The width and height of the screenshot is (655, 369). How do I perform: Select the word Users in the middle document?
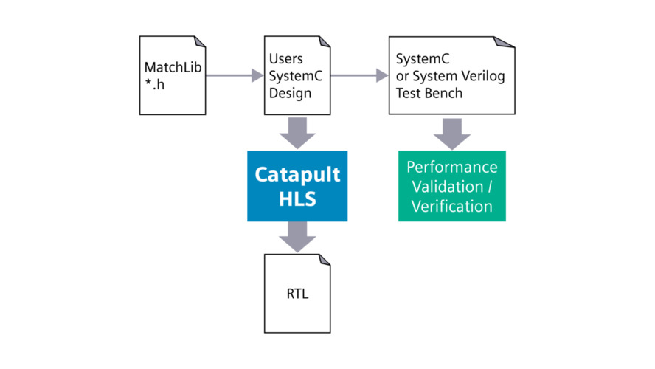285,58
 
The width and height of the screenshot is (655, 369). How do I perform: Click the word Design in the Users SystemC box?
289,94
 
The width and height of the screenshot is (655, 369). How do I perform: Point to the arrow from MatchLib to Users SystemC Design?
234,75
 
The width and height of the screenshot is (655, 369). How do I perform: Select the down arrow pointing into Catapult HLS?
297,134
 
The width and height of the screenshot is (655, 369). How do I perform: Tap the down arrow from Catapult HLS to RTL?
297,237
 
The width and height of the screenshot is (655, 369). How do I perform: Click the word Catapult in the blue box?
297,174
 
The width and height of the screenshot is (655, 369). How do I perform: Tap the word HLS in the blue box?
297,199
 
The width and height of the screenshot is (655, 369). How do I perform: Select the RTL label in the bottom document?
297,294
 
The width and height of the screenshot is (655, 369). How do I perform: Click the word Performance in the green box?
452,167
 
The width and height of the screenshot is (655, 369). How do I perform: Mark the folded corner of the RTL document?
325,261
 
